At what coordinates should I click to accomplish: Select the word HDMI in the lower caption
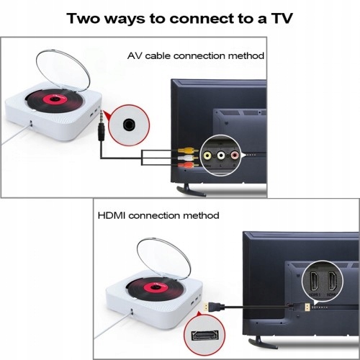(x=114, y=215)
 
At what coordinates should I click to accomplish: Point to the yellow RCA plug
(x=185, y=151)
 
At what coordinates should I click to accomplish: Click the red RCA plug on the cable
(x=185, y=165)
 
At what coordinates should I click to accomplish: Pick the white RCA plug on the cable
(x=185, y=158)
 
